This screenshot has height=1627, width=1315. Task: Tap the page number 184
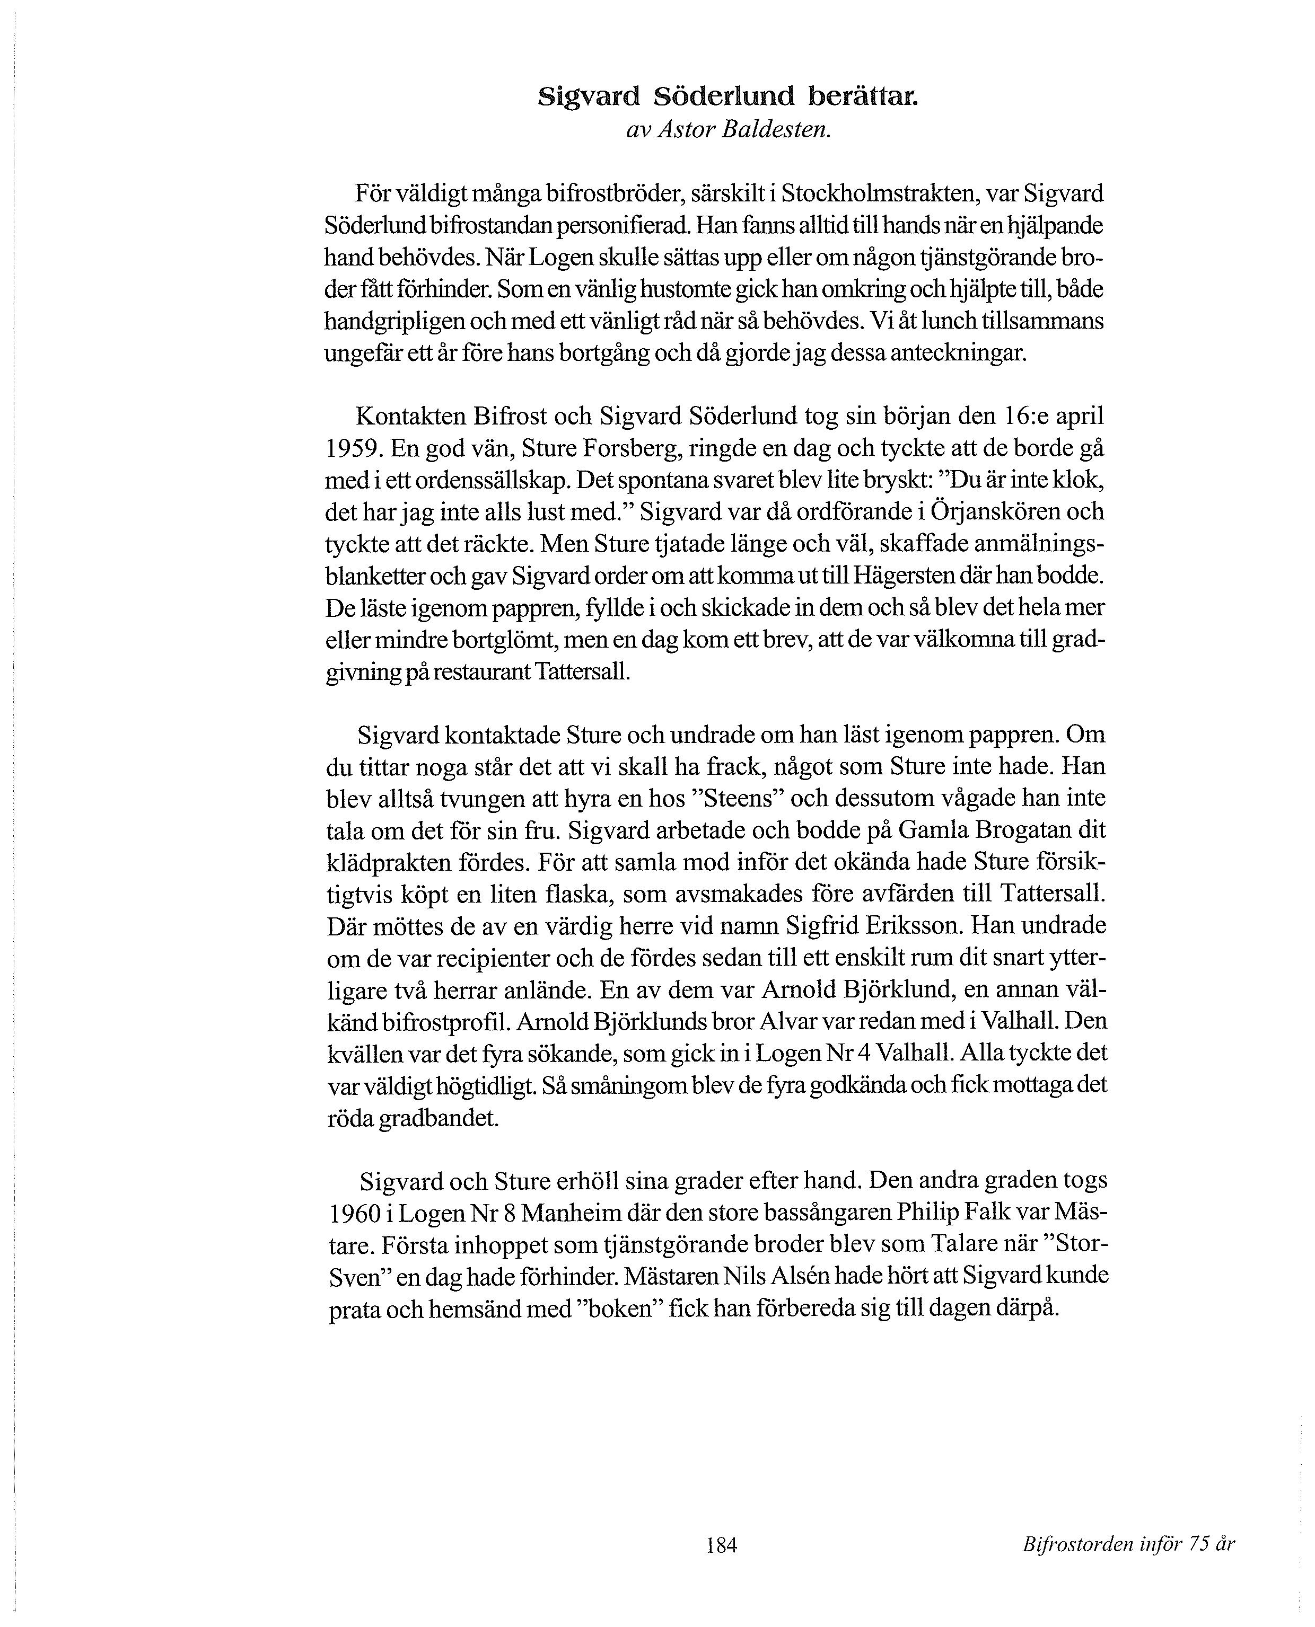click(721, 1544)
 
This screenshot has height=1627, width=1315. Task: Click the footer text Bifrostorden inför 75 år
click(1127, 1544)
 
